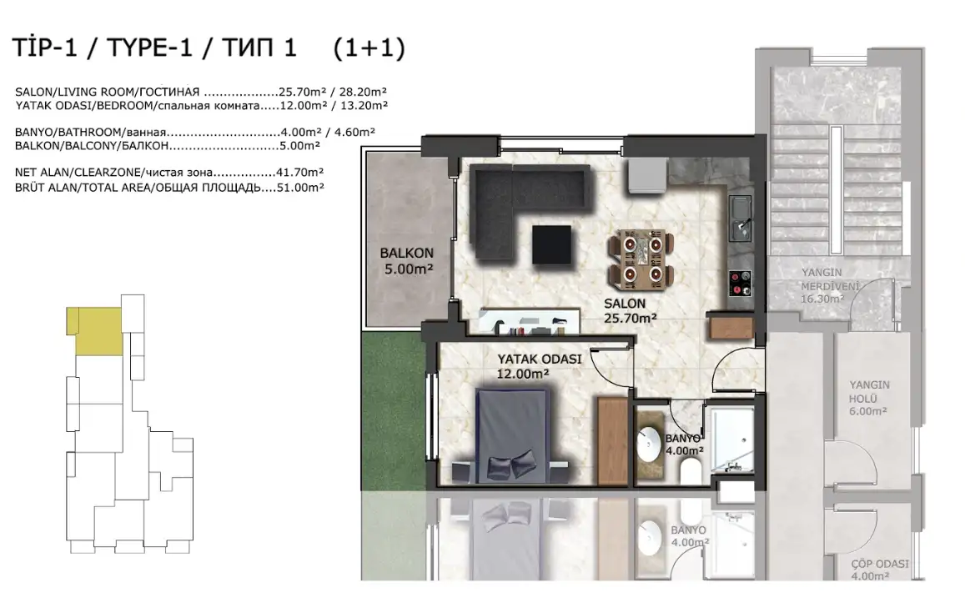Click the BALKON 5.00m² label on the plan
point(406,261)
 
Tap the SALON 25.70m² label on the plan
point(630,311)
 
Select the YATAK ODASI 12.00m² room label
point(539,366)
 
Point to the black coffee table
point(551,245)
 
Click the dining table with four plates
point(640,259)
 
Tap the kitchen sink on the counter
point(740,218)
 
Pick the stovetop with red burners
point(740,284)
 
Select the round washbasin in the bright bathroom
point(648,445)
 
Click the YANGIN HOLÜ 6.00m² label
point(868,398)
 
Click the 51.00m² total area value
point(300,188)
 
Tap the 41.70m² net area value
point(300,173)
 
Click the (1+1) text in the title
point(369,48)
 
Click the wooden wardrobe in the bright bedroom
point(611,440)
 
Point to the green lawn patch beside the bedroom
point(393,411)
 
